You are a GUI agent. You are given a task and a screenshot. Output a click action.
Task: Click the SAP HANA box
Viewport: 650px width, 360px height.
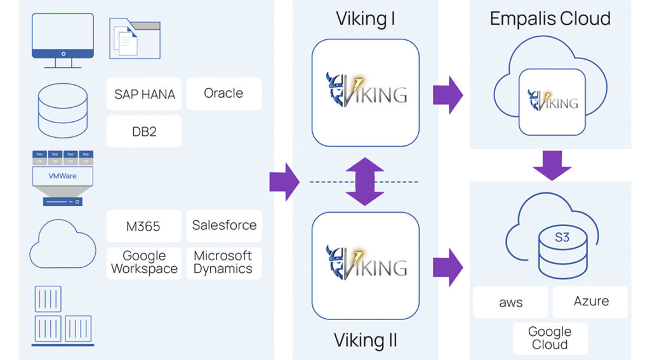[x=144, y=94]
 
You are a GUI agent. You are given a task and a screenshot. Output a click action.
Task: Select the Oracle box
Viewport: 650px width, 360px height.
[x=223, y=93]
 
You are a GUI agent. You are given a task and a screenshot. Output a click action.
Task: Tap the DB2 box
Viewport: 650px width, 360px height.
[x=144, y=131]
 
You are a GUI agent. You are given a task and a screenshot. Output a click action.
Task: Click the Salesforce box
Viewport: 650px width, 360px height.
[x=224, y=225]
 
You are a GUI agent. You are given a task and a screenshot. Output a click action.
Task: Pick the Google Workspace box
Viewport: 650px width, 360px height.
[x=144, y=262]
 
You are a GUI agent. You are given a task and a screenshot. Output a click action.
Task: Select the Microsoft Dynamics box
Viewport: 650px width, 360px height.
[x=223, y=262]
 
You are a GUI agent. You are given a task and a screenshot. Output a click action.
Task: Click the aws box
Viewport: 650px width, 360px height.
[x=510, y=302]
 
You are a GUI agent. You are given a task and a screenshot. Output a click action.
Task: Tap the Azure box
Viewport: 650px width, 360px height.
[x=591, y=301]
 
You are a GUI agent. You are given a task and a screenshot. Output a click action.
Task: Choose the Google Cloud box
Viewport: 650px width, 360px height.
[x=550, y=338]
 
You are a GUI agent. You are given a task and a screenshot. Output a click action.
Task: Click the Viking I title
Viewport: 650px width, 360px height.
[x=366, y=18]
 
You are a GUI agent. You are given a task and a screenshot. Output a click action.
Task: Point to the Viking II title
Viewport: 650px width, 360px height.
[x=366, y=340]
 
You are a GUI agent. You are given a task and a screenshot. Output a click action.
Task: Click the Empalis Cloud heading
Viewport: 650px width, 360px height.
[x=550, y=18]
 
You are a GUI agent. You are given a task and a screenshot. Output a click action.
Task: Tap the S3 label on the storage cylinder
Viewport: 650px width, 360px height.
[x=562, y=238]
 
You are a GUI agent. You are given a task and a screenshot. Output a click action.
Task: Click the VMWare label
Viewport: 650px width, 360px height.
[x=62, y=175]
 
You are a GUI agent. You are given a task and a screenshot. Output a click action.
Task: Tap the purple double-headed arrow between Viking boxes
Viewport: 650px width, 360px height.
[x=365, y=182]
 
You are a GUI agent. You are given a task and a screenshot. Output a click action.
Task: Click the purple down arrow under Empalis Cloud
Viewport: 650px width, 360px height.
[x=552, y=165]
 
